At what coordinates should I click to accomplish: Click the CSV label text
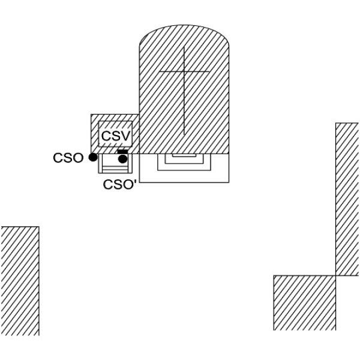[x=116, y=136]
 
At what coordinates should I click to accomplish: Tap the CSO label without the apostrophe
[x=68, y=158]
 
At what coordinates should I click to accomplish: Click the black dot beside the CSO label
[x=93, y=157]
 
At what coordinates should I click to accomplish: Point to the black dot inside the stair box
[x=123, y=159]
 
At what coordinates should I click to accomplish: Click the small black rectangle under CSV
[x=122, y=152]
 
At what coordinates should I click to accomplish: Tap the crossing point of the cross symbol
[x=184, y=71]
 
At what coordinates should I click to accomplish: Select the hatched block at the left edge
[x=20, y=281]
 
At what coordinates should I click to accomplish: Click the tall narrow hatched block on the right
[x=347, y=199]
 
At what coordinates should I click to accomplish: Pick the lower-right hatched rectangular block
[x=304, y=303]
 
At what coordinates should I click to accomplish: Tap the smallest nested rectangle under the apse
[x=184, y=155]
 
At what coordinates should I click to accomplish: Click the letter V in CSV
[x=125, y=136]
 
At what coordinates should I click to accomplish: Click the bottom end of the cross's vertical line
[x=184, y=134]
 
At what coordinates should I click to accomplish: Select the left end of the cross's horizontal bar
[x=160, y=71]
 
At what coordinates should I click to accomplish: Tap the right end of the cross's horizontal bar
[x=209, y=71]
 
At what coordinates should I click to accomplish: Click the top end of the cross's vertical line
[x=184, y=47]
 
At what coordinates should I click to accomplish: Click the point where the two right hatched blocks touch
[x=335, y=275]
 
